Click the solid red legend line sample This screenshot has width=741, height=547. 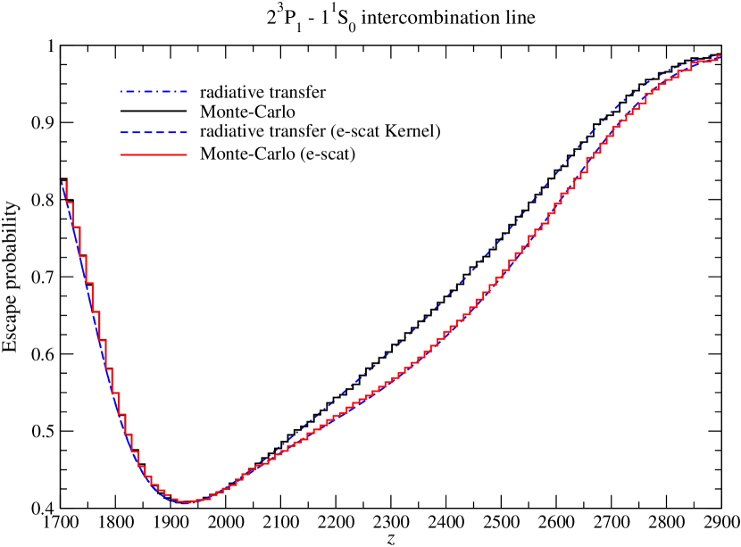[x=154, y=155]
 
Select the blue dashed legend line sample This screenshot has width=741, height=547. [x=154, y=132]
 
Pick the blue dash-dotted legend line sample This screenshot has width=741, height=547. [x=154, y=91]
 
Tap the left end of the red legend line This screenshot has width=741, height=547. [x=121, y=155]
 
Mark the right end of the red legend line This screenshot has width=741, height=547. [x=187, y=155]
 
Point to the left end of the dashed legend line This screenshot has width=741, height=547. [x=121, y=132]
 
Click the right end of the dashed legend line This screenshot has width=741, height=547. [x=187, y=132]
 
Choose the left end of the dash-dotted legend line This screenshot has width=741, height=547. [x=121, y=91]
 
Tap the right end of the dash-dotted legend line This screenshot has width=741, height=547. [x=187, y=91]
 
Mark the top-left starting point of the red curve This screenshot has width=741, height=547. [x=63, y=181]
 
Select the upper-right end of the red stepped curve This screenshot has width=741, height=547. [x=719, y=57]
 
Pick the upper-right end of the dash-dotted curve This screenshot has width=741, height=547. [x=720, y=56]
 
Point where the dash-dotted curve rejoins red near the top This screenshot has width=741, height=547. [x=696, y=62]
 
